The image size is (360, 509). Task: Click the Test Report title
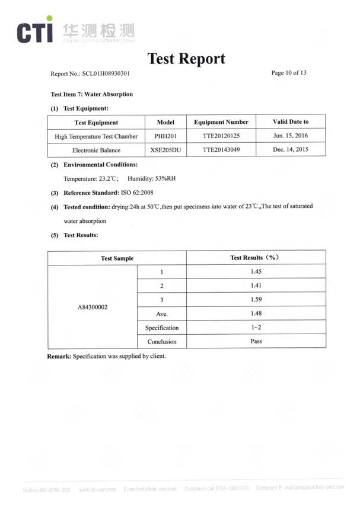[186, 59]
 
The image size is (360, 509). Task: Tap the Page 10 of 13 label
[289, 73]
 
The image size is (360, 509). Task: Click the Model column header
[165, 122]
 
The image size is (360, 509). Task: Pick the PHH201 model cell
[165, 136]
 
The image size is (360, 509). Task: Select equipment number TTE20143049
[221, 150]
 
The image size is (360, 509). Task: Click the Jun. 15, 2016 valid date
[291, 136]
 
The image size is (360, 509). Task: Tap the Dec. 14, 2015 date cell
[291, 150]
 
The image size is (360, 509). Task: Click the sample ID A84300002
[93, 307]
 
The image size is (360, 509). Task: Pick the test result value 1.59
[256, 299]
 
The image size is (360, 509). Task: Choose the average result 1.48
[256, 313]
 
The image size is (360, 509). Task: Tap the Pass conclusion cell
[256, 341]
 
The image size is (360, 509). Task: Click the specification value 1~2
[256, 327]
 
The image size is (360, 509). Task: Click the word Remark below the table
[59, 356]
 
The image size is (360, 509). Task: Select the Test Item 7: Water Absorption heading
[92, 94]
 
